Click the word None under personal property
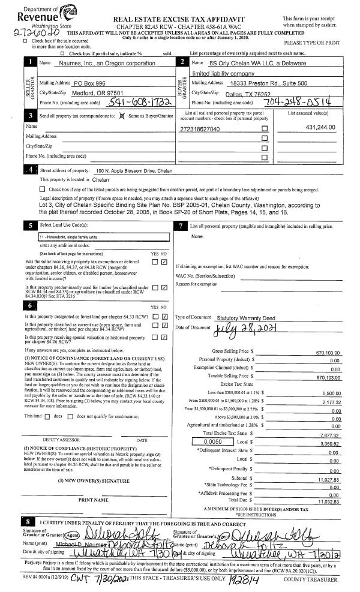coord(197,236)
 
